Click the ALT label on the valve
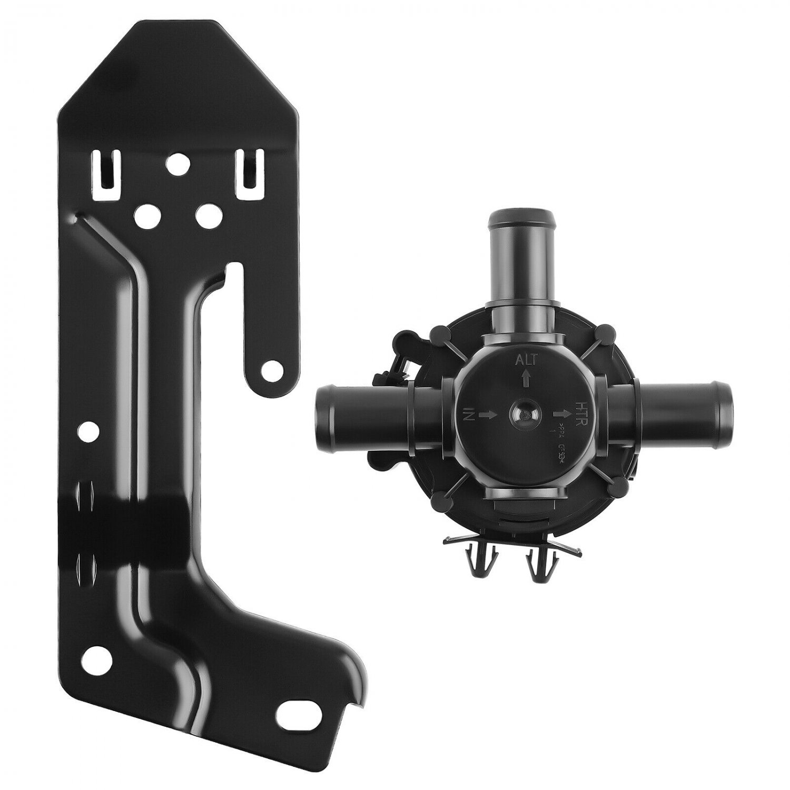(526, 360)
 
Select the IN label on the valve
(470, 414)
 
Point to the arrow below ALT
(525, 378)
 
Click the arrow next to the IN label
(488, 414)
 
